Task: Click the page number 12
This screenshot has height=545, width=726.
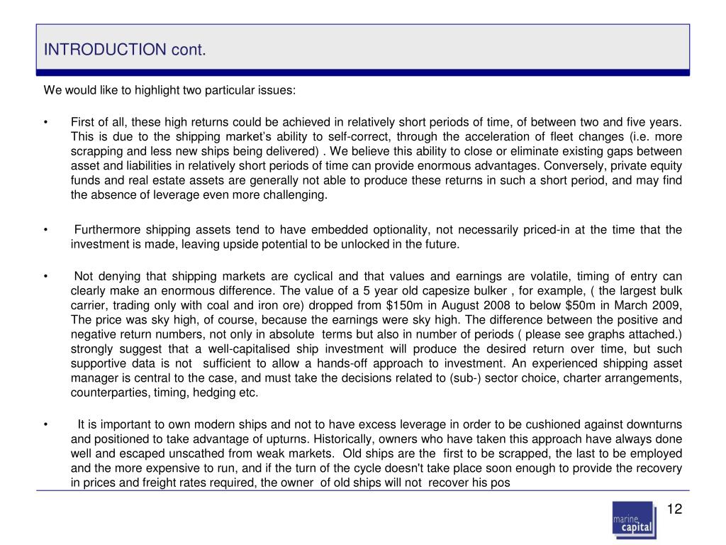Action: click(x=674, y=510)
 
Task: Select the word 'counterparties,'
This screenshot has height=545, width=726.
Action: click(x=106, y=392)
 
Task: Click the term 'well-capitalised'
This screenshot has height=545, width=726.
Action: click(x=245, y=348)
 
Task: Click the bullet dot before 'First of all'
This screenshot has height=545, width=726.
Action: click(x=45, y=123)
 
